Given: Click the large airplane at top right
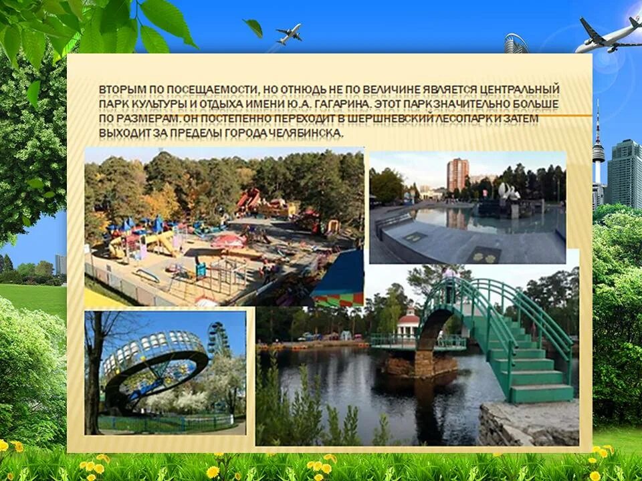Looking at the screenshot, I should (608, 36).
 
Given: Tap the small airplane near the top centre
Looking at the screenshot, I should (288, 33).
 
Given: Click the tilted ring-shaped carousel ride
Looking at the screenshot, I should (154, 364).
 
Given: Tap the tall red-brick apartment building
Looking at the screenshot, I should (457, 174).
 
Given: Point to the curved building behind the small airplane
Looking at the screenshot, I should (516, 43).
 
